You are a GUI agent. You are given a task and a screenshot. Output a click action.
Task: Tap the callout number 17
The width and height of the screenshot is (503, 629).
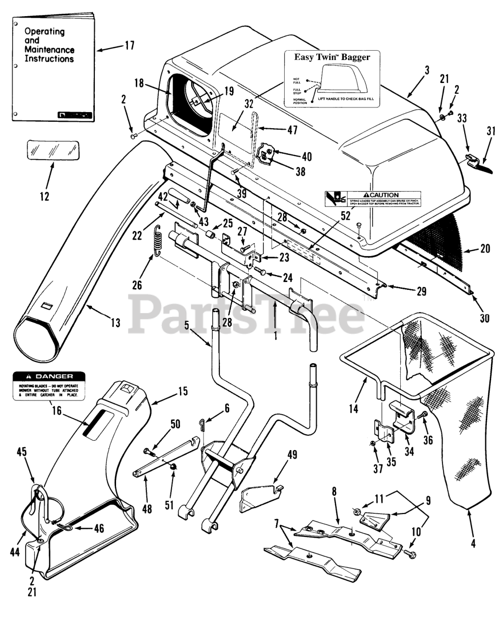[129, 46]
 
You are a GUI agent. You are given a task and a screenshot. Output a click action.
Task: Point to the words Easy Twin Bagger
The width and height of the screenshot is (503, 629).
[332, 57]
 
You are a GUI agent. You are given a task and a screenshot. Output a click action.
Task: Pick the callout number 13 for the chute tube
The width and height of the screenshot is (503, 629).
[115, 323]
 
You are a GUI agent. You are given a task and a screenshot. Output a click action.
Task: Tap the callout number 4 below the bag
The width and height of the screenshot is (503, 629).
[473, 544]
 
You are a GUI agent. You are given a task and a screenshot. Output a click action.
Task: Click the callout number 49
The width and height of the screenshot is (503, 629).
[292, 455]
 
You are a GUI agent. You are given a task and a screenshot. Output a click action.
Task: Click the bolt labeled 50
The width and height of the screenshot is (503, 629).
[148, 451]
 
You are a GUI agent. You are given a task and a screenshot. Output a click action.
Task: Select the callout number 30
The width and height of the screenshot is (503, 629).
[485, 318]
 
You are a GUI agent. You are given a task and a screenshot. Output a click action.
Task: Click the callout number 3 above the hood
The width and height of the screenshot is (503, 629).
[427, 70]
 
